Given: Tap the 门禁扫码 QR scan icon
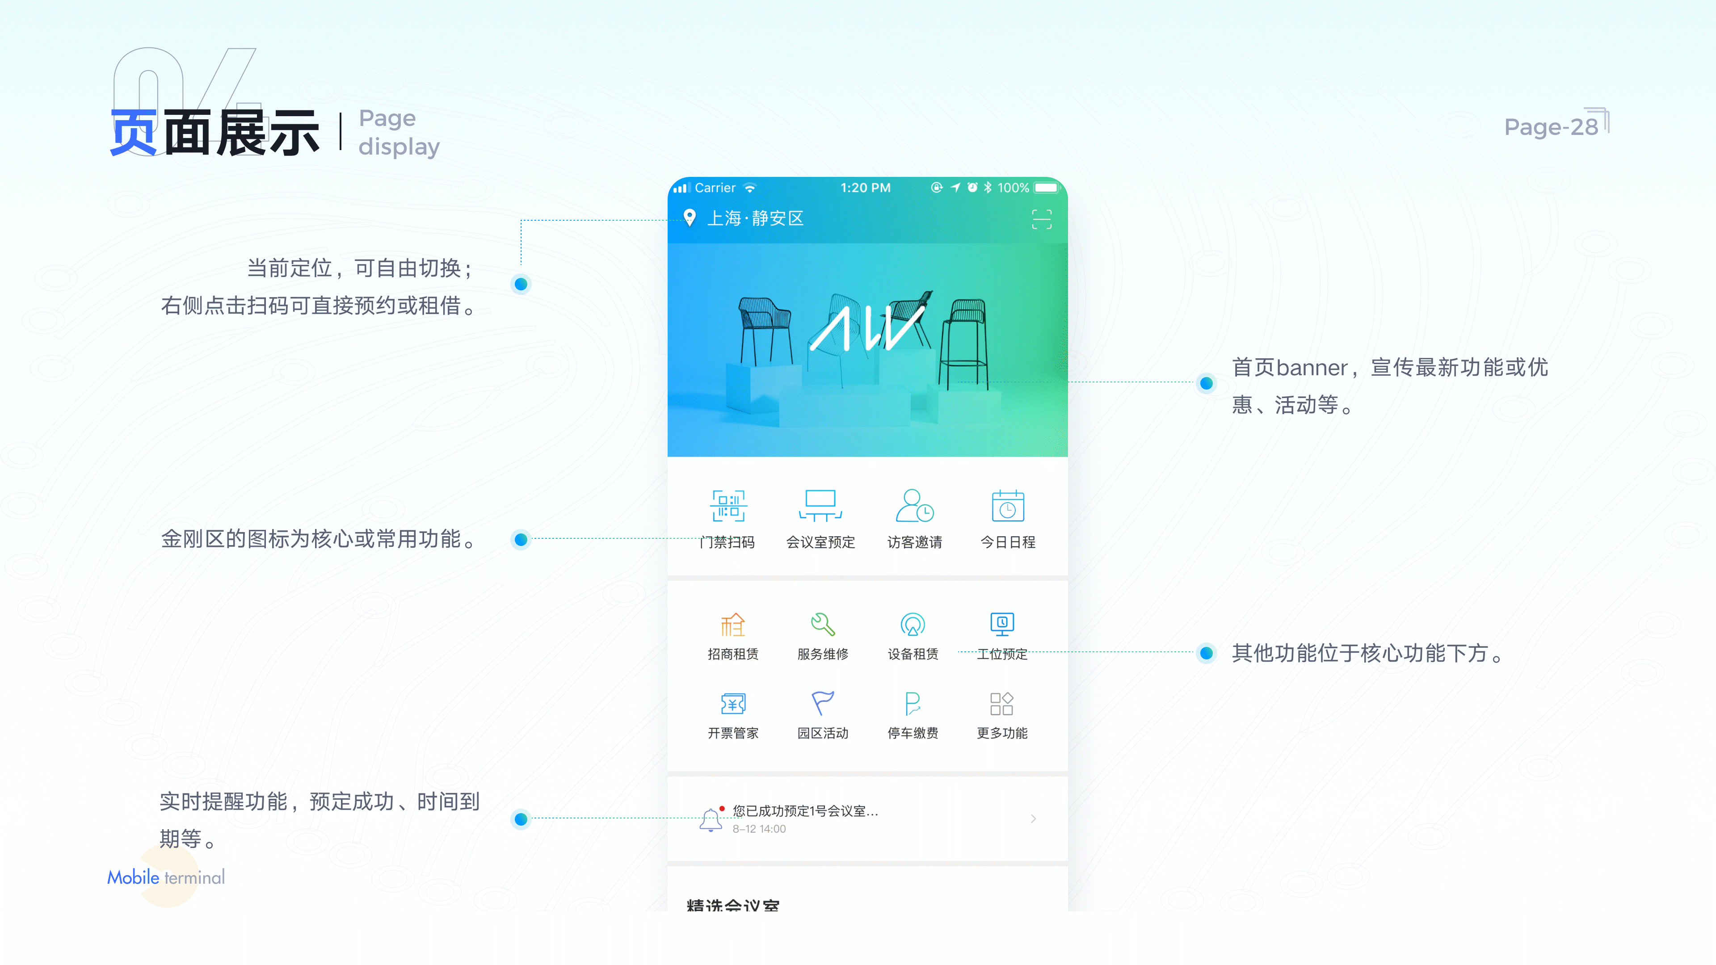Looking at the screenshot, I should [728, 506].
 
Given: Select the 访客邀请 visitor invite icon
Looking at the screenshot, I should [914, 506].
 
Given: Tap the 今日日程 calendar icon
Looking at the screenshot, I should [1007, 506].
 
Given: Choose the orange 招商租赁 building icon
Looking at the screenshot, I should [733, 625].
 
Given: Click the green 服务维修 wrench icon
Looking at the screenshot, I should [823, 625].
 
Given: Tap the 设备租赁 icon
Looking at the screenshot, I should [913, 625].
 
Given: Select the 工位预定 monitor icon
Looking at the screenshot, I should [1002, 625].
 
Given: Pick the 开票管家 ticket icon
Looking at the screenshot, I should [733, 703].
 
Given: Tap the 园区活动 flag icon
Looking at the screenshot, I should [823, 703].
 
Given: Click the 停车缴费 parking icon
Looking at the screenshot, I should [913, 703].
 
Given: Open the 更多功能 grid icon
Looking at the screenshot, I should [1002, 703].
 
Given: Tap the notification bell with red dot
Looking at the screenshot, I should [711, 819].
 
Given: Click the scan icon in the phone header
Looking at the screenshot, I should [1041, 219].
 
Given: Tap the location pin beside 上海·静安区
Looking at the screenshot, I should [690, 218].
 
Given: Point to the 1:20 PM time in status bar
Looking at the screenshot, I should [865, 188].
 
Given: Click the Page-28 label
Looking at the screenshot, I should [1551, 126].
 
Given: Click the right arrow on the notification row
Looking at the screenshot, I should [1033, 818].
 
